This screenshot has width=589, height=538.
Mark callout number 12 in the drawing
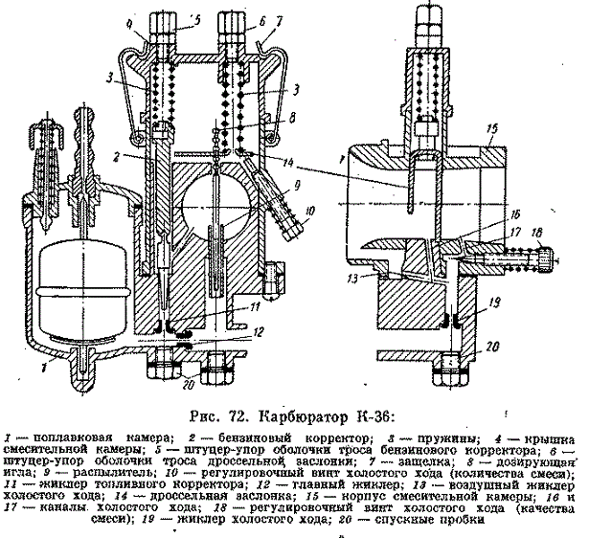coord(258,331)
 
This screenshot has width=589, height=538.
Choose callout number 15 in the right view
coord(490,126)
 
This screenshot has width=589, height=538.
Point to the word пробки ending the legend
coord(464,523)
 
